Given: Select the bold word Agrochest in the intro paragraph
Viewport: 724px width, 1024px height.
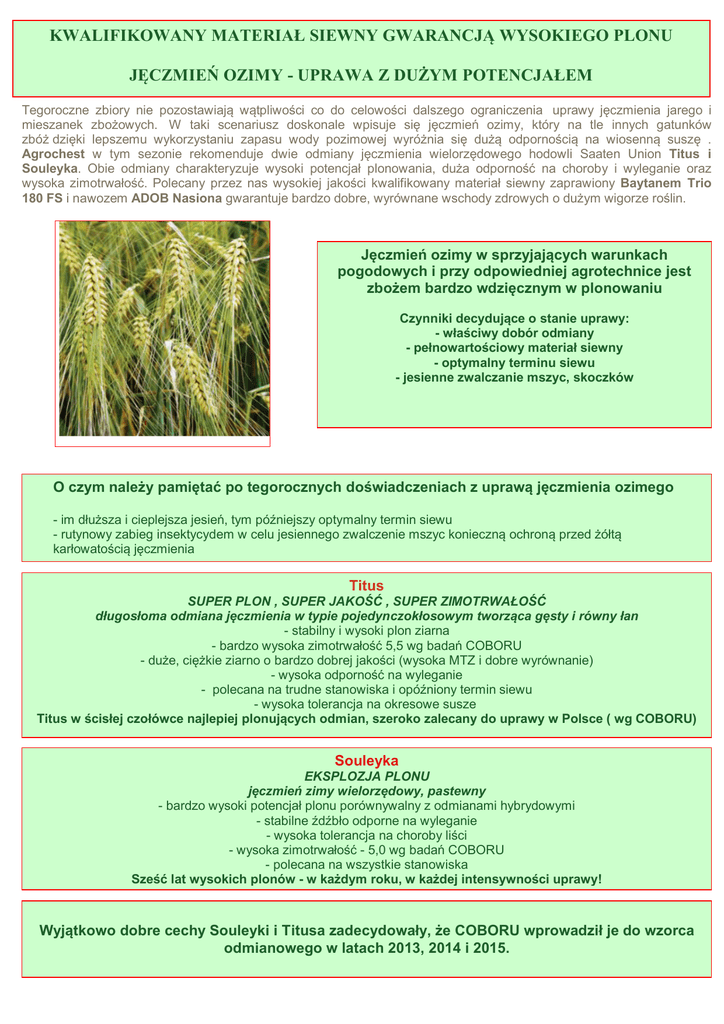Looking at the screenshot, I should point(53,155).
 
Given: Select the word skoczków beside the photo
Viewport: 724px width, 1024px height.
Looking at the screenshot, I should point(601,377).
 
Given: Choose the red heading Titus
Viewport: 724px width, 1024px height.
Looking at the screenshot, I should point(366,585).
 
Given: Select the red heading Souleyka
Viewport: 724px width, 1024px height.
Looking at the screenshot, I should point(366,760).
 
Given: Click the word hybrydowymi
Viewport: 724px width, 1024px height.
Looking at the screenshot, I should point(532,805).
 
